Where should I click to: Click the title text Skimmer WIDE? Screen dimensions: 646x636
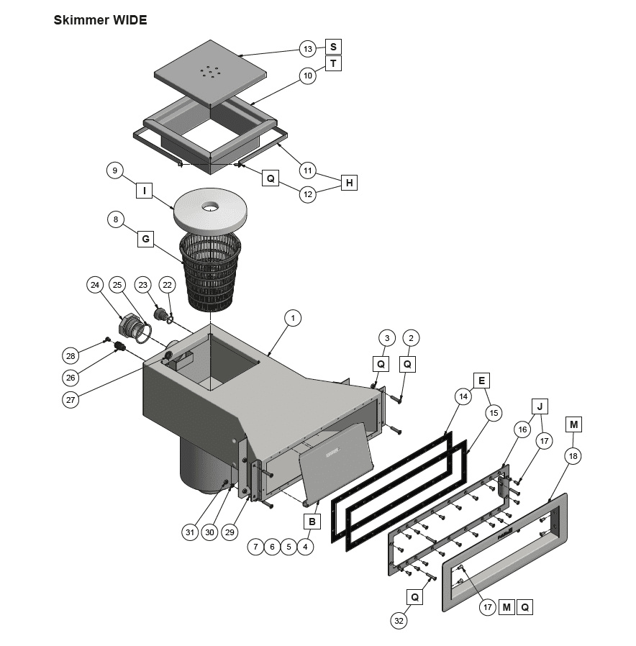[100, 20]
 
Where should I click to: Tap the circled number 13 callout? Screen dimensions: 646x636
[308, 49]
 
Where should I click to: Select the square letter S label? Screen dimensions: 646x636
[333, 47]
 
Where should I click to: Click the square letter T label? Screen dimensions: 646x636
[333, 63]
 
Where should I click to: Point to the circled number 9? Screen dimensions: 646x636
[114, 170]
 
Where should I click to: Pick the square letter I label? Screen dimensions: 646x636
[145, 191]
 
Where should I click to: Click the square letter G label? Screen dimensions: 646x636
[145, 238]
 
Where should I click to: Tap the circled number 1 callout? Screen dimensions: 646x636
[292, 317]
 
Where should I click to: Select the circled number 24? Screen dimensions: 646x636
[95, 285]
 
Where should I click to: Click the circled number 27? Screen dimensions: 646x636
[70, 401]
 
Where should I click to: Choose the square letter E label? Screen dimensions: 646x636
[481, 381]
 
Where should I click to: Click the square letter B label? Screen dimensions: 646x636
[312, 521]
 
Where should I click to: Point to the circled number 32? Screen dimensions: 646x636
[399, 619]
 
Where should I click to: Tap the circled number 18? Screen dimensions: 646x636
[574, 455]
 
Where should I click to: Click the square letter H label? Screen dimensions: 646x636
[349, 183]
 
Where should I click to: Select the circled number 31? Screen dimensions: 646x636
[189, 532]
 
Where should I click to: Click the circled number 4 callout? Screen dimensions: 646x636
[306, 547]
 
